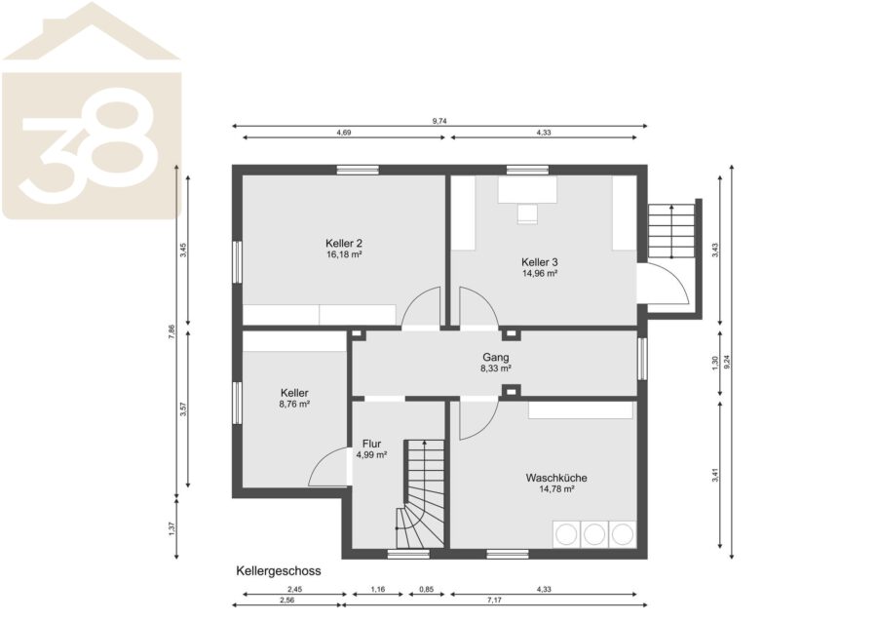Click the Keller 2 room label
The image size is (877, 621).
(343, 244)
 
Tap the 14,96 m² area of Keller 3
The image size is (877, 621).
(539, 274)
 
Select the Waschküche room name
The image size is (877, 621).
(556, 478)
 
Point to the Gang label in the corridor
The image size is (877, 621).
(496, 358)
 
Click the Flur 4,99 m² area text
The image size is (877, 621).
(371, 455)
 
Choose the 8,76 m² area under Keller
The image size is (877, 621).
(294, 404)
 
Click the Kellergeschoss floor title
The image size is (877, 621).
(279, 571)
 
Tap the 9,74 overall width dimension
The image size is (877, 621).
(439, 120)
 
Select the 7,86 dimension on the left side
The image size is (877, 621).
(172, 331)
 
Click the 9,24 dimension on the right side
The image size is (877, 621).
(727, 362)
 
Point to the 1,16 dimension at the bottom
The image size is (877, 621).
(377, 589)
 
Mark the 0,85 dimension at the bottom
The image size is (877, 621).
(426, 589)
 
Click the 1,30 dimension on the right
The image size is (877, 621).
(714, 363)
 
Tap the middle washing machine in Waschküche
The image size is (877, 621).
(594, 535)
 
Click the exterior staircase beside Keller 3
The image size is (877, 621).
(670, 231)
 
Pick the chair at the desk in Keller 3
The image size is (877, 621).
(527, 213)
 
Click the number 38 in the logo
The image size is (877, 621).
(90, 146)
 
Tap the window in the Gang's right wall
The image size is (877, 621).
(643, 358)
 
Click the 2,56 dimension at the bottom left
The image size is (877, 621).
(286, 601)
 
